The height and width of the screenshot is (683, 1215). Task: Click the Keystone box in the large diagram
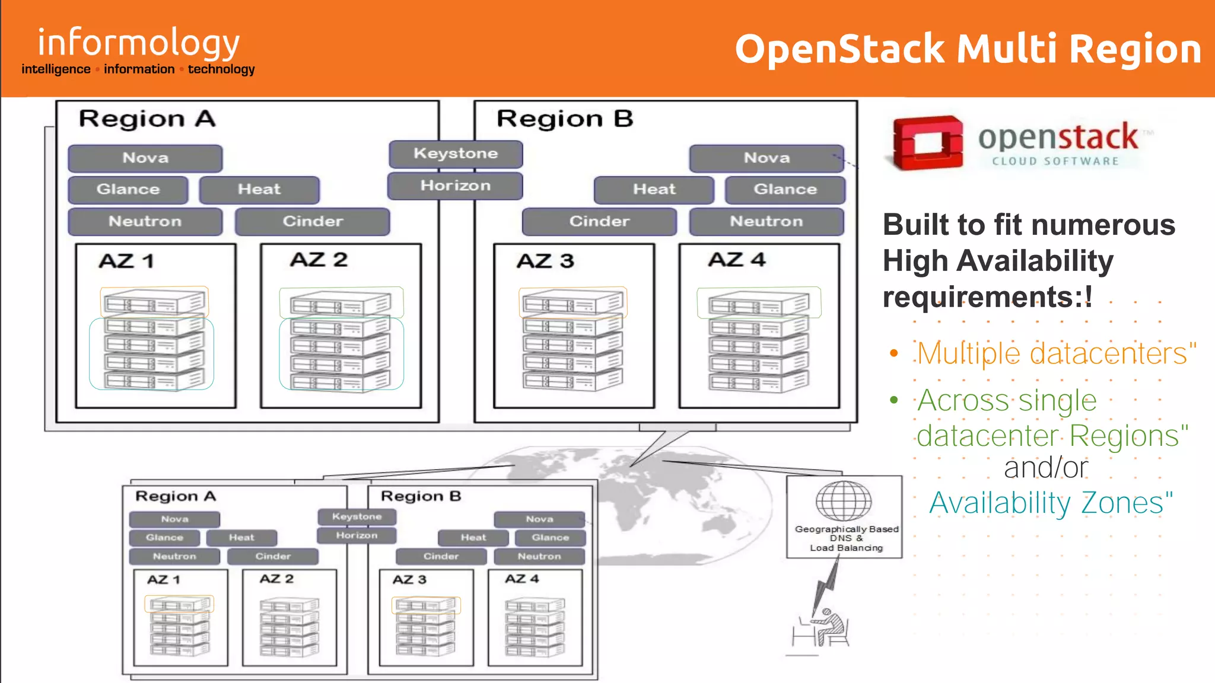(456, 154)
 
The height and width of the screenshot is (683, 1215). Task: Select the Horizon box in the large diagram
(456, 186)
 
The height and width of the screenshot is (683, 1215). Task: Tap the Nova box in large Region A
(145, 158)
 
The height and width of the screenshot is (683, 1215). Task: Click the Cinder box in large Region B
(599, 221)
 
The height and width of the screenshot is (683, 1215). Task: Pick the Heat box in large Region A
(259, 189)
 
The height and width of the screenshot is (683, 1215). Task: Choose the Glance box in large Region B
(785, 189)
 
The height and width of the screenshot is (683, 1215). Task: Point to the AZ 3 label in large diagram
(545, 261)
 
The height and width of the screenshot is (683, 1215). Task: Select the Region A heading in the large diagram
(147, 119)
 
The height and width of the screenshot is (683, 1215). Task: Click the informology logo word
(139, 43)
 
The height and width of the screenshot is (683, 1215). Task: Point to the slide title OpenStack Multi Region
(968, 49)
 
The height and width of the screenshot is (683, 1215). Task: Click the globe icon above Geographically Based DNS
(844, 501)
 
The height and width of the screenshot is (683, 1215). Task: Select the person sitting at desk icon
(826, 628)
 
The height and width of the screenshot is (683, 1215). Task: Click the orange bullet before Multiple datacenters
(894, 354)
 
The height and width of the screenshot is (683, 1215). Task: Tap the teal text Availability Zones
(1050, 503)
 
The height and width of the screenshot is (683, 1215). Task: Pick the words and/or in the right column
(1045, 467)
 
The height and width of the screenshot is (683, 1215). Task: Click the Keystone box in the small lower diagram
(357, 516)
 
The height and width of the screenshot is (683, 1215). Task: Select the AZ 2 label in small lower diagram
(276, 579)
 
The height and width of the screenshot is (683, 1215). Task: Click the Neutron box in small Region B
(539, 556)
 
